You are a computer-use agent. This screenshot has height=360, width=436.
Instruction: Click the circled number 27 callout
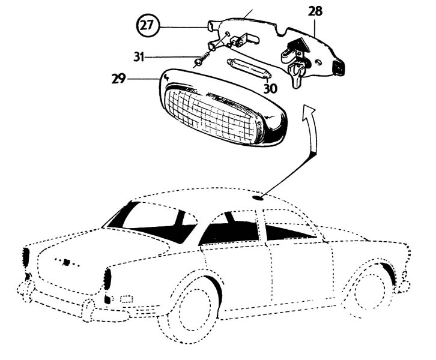pyautogui.click(x=146, y=26)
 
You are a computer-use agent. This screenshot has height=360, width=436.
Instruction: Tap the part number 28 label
pyautogui.click(x=315, y=11)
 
